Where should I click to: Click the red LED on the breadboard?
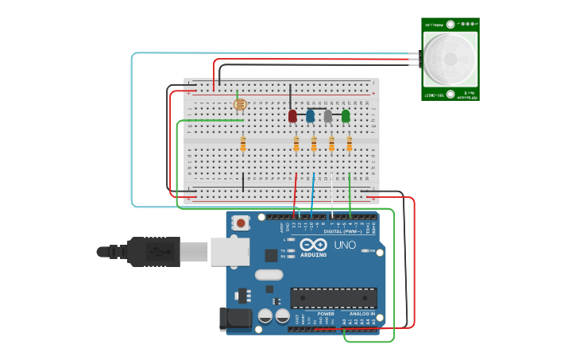[x=292, y=116]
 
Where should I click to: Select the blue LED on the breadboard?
[x=310, y=116]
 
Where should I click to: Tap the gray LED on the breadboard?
[x=328, y=116]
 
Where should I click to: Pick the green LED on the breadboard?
[x=346, y=116]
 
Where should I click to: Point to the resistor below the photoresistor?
[x=243, y=144]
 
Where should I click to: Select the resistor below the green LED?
[x=349, y=144]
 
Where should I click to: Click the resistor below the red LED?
[x=296, y=144]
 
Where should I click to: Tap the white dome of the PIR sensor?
[x=450, y=60]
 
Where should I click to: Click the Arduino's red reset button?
[x=240, y=223]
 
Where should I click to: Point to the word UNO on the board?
[x=345, y=245]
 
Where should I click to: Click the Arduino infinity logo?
[x=313, y=244]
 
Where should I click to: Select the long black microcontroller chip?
[x=333, y=298]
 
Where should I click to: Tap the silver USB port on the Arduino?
[x=230, y=252]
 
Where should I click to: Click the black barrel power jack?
[x=235, y=319]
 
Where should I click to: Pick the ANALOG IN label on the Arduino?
[x=361, y=314]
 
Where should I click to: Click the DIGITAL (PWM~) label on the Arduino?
[x=333, y=231]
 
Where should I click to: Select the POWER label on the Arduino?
[x=326, y=314]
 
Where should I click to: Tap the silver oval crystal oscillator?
[x=269, y=275]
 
